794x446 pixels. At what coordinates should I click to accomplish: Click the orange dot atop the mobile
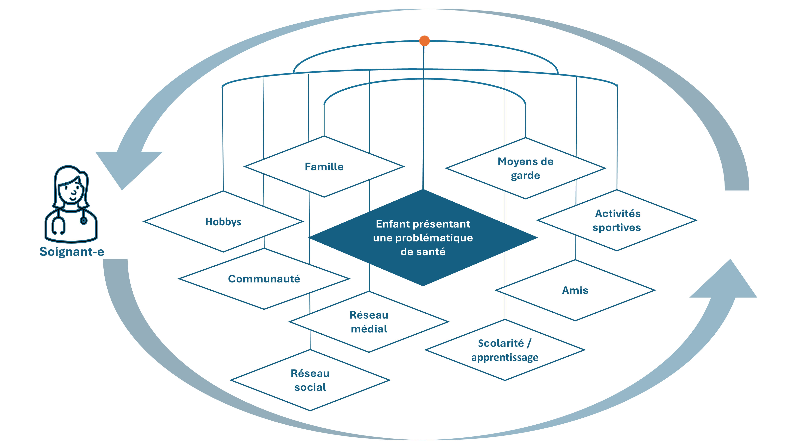click(424, 41)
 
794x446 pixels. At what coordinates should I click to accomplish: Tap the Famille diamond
click(324, 167)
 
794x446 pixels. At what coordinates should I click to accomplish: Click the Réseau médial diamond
click(369, 322)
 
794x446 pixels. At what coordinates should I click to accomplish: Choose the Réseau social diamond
click(310, 380)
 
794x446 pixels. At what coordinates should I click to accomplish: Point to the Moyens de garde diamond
click(526, 168)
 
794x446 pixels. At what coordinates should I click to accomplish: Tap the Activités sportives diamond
click(617, 220)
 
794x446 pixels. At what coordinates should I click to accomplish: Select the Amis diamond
click(575, 290)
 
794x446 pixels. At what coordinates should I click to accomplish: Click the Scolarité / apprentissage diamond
click(505, 350)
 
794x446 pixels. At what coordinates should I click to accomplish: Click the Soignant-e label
click(72, 252)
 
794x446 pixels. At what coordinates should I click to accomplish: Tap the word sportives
click(617, 228)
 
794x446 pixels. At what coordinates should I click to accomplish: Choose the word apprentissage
click(505, 357)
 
